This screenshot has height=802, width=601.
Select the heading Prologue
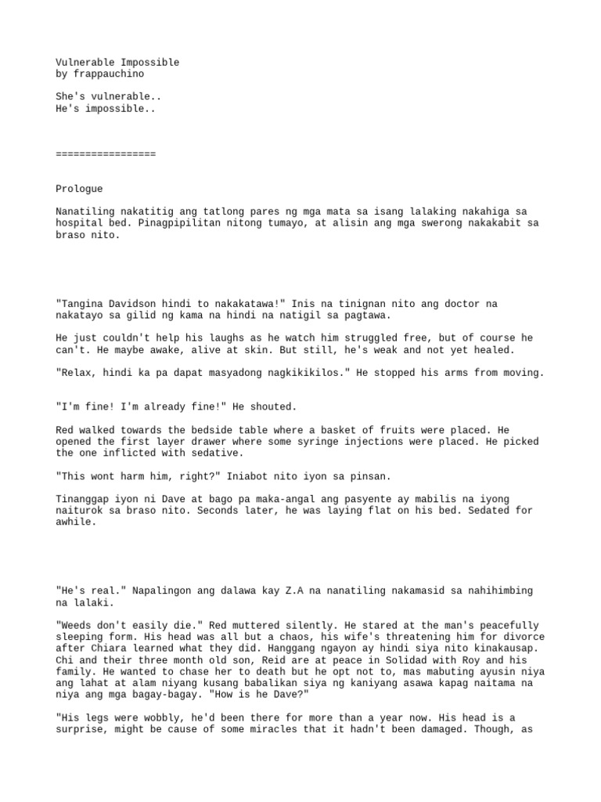coord(79,189)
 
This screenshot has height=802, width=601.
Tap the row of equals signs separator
coord(106,154)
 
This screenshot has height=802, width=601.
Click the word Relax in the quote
coord(76,373)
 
